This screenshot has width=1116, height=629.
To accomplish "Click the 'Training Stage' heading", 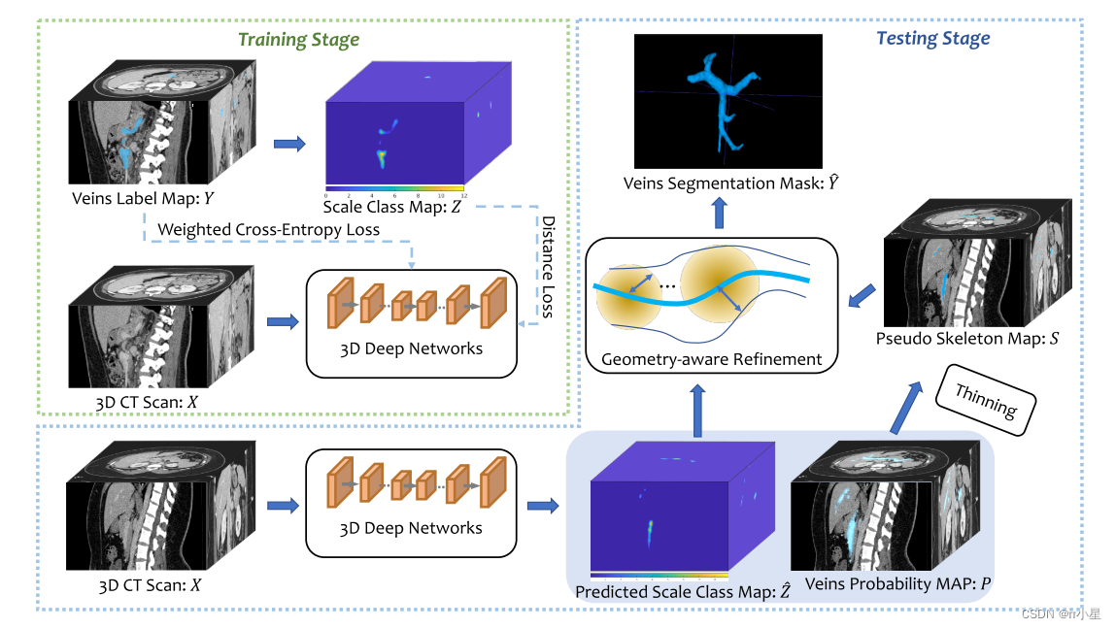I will point(299,40).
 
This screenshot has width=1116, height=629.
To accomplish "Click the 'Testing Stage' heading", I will point(932,39).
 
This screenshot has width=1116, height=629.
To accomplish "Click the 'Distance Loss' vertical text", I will point(548,266).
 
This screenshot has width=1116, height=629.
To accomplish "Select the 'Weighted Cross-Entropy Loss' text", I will point(268,229).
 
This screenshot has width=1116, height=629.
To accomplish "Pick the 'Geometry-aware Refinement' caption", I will point(712,358).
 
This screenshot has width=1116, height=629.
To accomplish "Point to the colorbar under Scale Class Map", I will point(395,187).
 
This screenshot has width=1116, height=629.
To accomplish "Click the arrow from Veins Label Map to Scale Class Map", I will point(288,144).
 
